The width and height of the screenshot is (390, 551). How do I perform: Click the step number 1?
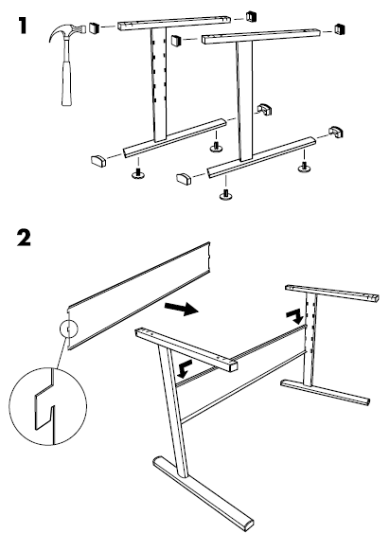23,26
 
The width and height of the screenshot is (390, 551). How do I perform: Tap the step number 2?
24,238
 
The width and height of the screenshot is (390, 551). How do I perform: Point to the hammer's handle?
66,81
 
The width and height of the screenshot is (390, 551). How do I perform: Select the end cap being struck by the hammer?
93,28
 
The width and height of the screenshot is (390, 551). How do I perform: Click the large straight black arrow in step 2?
182,309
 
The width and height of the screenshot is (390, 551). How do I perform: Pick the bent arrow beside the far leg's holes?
294,316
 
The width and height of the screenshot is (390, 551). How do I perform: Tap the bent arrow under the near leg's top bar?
184,368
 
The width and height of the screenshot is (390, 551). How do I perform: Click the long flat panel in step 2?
138,296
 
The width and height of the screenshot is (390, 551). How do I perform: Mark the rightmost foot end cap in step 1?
336,132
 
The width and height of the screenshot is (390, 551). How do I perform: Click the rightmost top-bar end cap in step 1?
340,29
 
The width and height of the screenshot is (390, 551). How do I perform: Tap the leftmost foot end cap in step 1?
98,160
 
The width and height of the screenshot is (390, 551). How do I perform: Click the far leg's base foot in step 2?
326,392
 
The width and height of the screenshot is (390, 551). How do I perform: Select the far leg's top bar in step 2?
331,293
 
